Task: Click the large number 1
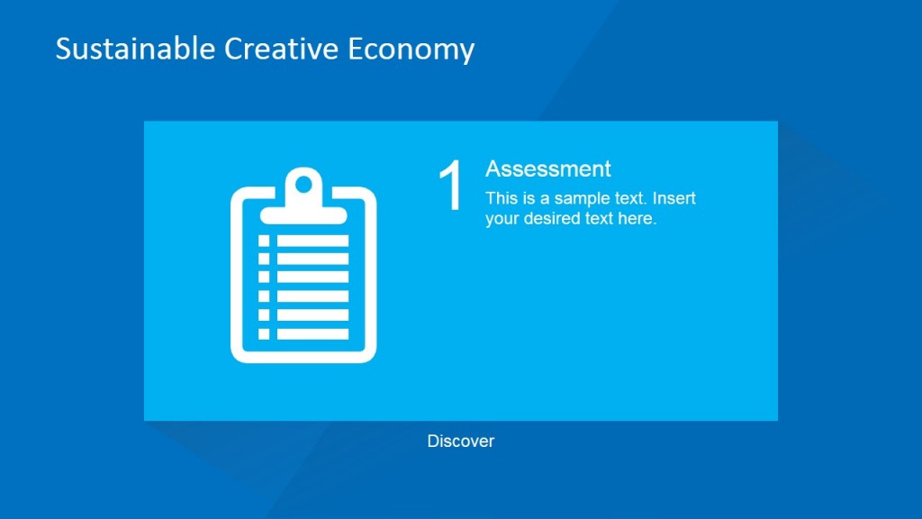(450, 187)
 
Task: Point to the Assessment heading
(547, 168)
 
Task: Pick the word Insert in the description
(674, 198)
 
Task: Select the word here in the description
(637, 218)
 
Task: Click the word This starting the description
(501, 198)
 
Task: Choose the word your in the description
(501, 218)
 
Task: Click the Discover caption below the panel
(461, 442)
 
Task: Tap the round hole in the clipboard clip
(303, 186)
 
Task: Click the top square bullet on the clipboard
(264, 241)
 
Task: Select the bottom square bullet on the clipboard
(264, 333)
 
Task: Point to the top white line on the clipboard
(312, 241)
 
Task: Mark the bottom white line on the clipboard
(312, 333)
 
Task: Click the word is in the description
(527, 198)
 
